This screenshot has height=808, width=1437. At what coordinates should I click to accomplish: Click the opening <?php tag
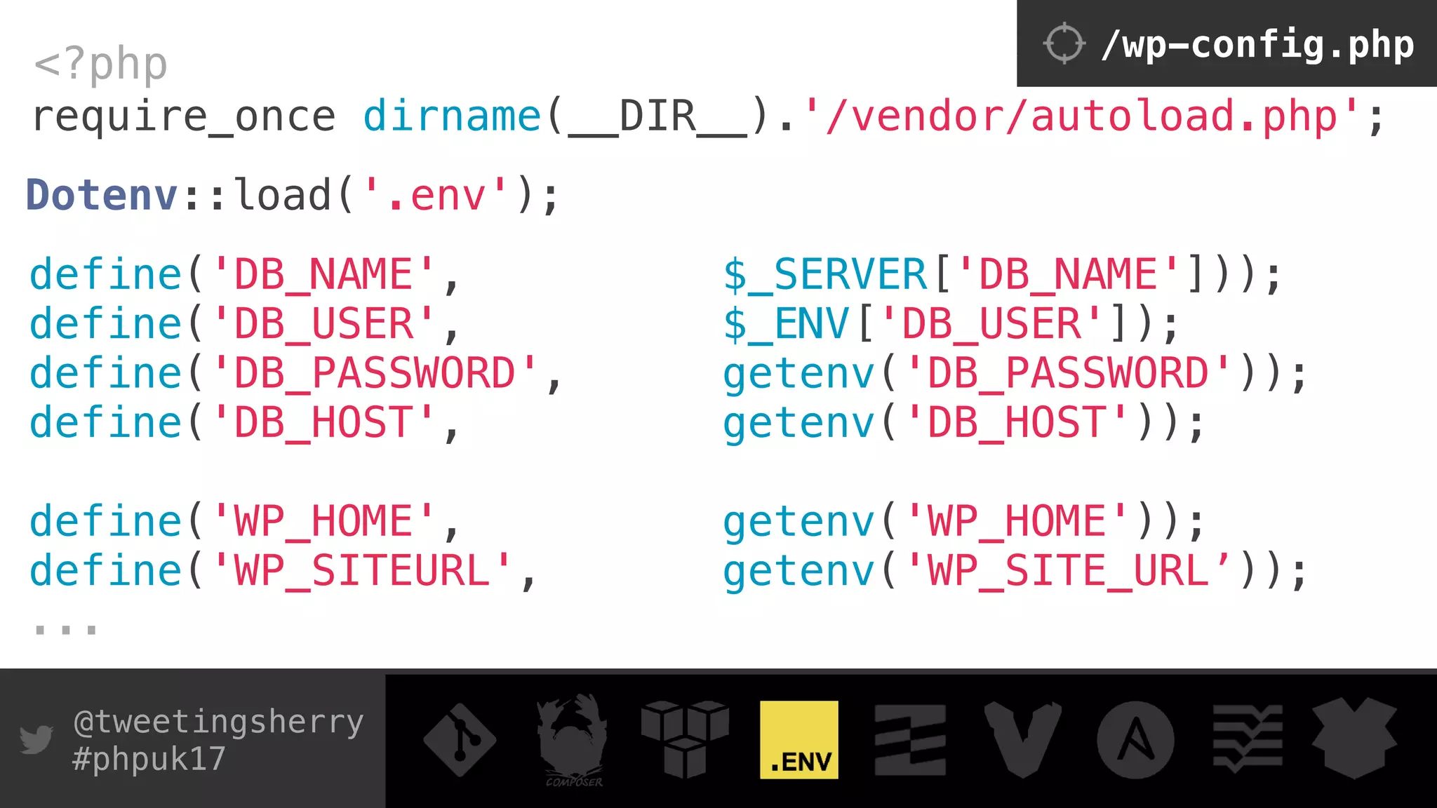click(x=100, y=65)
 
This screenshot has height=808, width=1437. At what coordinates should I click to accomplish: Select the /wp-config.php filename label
click(x=1257, y=45)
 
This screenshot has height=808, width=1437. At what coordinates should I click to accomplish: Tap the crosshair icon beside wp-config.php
click(x=1064, y=43)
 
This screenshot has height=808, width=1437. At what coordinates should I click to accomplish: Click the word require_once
click(x=184, y=116)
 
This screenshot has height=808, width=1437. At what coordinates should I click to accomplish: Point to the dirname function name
click(x=452, y=116)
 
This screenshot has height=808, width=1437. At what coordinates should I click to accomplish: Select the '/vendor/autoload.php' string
click(x=1081, y=116)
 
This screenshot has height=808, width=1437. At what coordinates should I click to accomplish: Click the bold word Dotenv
click(x=102, y=195)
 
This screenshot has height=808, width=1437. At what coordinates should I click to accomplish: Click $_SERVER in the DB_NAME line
click(x=825, y=275)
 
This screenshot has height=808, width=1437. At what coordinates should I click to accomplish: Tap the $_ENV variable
click(x=786, y=324)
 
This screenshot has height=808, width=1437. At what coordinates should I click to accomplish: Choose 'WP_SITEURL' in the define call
click(x=361, y=571)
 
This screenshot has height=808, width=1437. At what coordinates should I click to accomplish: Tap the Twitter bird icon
click(x=36, y=739)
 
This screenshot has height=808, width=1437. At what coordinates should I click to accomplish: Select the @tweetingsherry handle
click(x=218, y=722)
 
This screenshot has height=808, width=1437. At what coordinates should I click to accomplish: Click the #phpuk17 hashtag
click(x=149, y=759)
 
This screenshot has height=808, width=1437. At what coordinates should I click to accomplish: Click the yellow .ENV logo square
click(x=799, y=740)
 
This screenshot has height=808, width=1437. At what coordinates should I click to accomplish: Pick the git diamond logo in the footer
click(x=460, y=740)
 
